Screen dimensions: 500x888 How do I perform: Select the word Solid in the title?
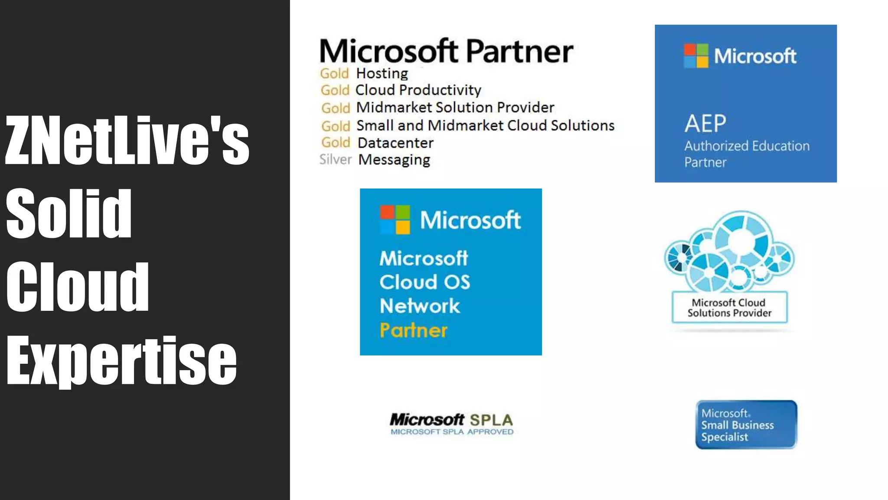coord(69,214)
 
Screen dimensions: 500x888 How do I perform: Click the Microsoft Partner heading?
coord(446,51)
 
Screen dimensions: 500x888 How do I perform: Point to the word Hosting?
coord(382,73)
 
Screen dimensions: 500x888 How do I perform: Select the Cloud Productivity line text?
coord(418,90)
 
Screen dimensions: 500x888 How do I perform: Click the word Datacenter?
coord(395,143)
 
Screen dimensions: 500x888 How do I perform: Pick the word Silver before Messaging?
coord(335,160)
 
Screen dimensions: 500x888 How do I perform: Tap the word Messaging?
coord(394,160)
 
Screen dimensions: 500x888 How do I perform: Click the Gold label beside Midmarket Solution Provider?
coord(335,108)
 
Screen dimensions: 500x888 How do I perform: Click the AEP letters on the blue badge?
coord(705,124)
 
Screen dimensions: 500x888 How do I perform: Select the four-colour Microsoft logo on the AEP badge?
coord(696,56)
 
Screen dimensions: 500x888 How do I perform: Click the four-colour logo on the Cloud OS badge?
coord(395,220)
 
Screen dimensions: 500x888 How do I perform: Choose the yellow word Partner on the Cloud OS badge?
coord(413,330)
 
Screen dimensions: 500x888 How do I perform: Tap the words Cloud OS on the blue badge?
coord(424,282)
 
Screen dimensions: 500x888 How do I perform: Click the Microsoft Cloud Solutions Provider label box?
coord(729,308)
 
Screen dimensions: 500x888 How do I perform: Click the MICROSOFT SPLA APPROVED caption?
coord(452,432)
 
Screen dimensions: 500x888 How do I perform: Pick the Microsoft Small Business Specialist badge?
coord(746,424)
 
